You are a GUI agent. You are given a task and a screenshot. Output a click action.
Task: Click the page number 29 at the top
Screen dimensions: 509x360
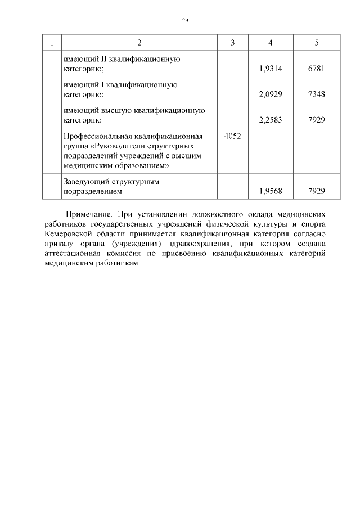pyautogui.click(x=185, y=21)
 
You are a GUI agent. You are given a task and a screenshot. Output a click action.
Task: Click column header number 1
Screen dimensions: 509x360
pyautogui.click(x=52, y=43)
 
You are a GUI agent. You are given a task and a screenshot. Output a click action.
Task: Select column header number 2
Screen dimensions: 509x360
pyautogui.click(x=139, y=43)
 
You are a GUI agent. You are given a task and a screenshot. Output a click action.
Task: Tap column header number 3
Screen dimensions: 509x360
pyautogui.click(x=233, y=43)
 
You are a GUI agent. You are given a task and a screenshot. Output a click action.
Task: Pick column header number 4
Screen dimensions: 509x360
pyautogui.click(x=271, y=43)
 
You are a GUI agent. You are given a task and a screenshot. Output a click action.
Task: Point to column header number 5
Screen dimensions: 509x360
pyautogui.click(x=317, y=43)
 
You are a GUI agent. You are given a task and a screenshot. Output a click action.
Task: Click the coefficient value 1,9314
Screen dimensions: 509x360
pyautogui.click(x=271, y=69)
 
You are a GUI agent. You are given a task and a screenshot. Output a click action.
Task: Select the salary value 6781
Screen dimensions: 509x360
pyautogui.click(x=317, y=69)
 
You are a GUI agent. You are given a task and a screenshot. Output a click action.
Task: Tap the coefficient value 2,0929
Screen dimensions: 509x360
pyautogui.click(x=271, y=94)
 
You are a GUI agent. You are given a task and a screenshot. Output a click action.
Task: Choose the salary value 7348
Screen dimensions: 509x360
pyautogui.click(x=317, y=94)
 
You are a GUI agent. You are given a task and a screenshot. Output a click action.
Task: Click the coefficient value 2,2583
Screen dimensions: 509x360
pyautogui.click(x=271, y=120)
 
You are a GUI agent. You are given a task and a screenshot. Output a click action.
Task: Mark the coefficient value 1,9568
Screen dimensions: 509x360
pyautogui.click(x=271, y=191)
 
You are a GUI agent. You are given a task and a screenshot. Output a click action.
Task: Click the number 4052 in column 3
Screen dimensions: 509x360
pyautogui.click(x=233, y=136)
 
